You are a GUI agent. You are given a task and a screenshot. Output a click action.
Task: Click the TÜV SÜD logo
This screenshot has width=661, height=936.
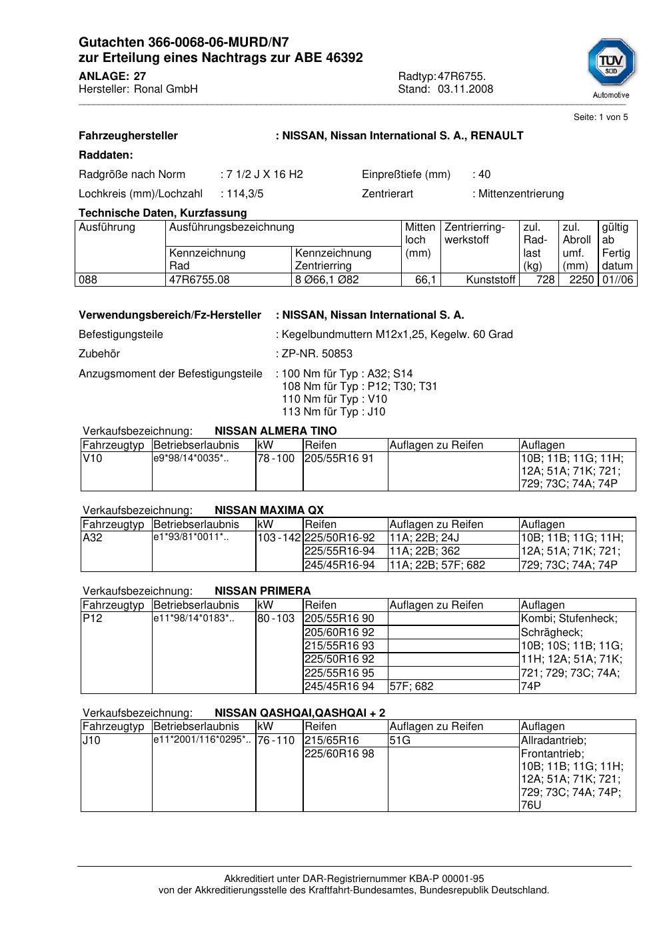[x=611, y=63]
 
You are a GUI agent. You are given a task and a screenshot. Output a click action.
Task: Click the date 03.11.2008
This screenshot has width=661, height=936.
[x=465, y=89]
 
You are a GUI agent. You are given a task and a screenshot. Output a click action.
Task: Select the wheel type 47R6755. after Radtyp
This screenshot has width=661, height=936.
[x=461, y=76]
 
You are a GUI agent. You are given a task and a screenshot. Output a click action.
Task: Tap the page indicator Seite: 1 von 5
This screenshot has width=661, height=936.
[x=600, y=117]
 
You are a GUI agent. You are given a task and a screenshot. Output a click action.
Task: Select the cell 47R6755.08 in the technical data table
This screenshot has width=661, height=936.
[x=199, y=280]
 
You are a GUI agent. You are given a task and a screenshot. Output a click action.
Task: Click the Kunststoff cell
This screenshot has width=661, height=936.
[x=491, y=280]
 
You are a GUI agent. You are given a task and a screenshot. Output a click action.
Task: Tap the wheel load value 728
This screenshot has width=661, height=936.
[x=545, y=280]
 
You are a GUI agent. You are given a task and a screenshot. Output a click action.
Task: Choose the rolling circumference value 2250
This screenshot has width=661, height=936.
[x=581, y=280]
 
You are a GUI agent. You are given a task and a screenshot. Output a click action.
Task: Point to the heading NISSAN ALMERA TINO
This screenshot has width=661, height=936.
[x=275, y=431]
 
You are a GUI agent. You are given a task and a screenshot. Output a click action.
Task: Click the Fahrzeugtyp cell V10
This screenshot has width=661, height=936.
[x=92, y=459]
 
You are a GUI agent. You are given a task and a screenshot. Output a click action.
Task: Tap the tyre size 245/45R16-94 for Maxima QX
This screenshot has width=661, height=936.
[x=340, y=565]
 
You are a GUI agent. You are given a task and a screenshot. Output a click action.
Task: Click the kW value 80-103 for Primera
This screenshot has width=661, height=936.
[x=276, y=619]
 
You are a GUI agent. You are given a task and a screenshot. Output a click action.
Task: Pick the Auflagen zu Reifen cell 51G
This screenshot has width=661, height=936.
[x=400, y=741]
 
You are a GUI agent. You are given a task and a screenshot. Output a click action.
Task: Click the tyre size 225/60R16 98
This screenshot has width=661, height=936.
[x=339, y=754]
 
